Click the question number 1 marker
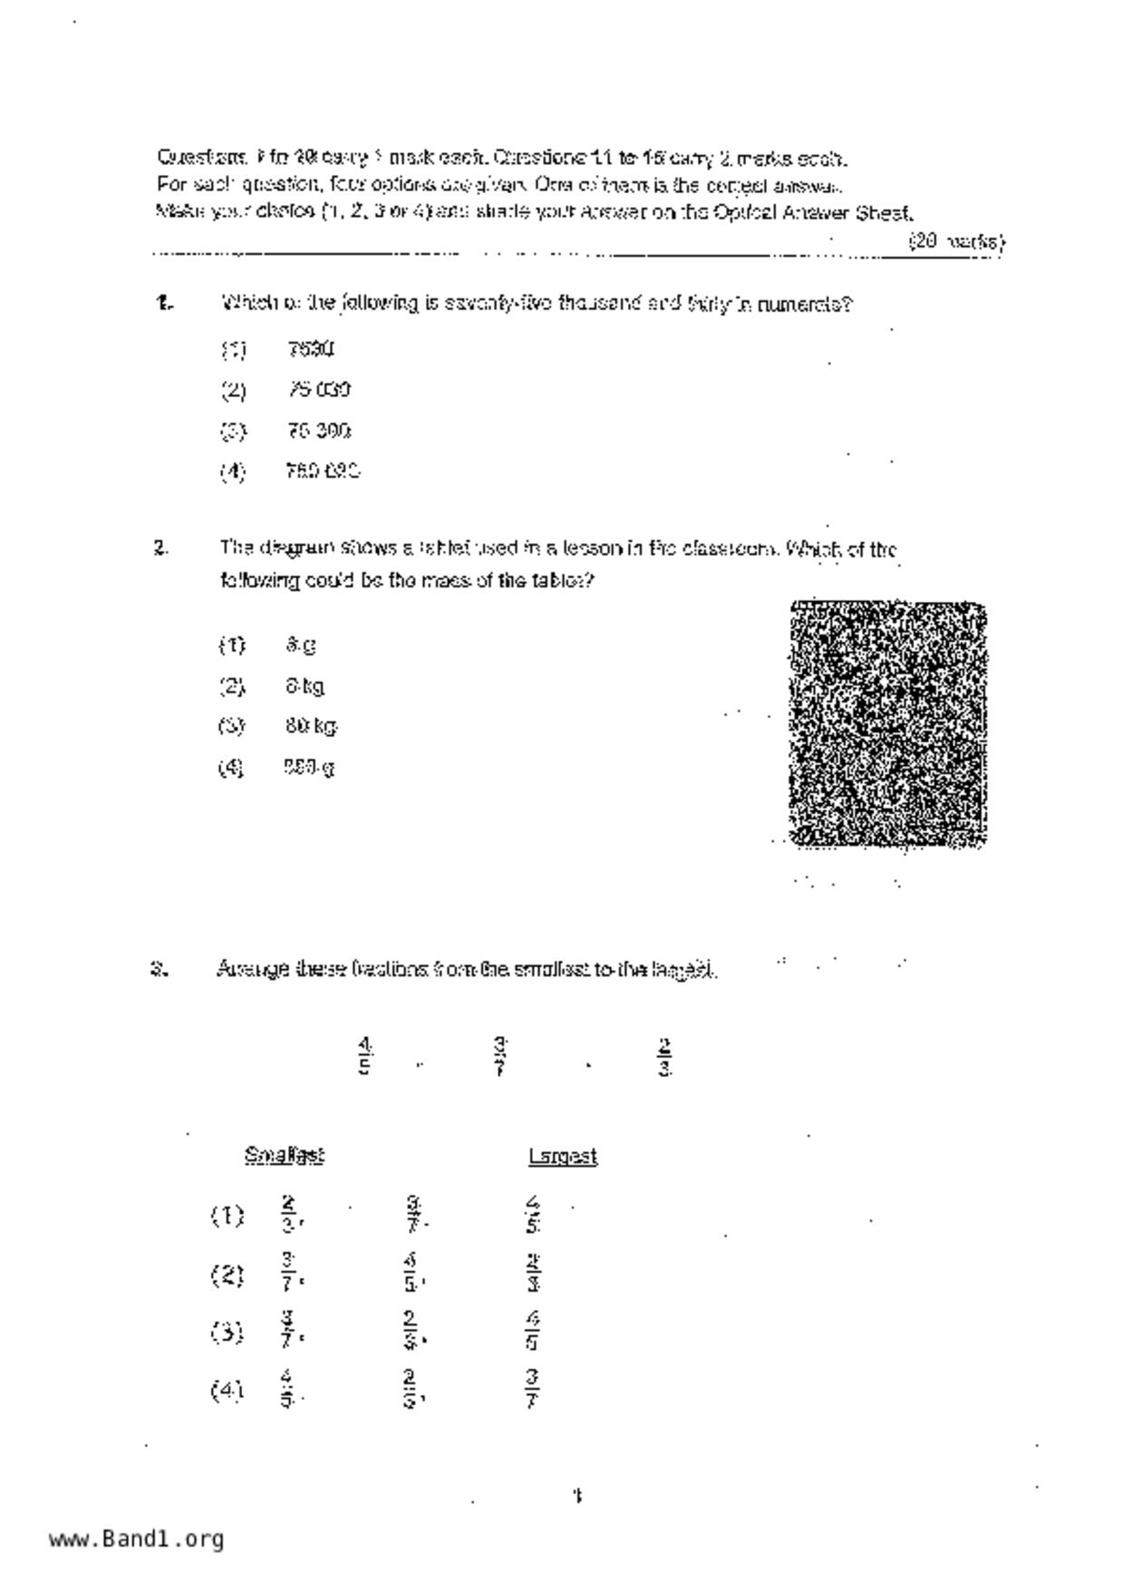(x=164, y=304)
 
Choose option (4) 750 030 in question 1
(x=322, y=471)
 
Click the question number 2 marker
(x=161, y=548)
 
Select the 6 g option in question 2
(x=300, y=645)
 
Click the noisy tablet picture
(x=888, y=724)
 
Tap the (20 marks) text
(x=956, y=242)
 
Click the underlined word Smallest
(x=285, y=1156)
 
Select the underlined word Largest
(x=563, y=1157)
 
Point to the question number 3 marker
(x=160, y=969)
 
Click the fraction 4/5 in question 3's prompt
(x=364, y=1056)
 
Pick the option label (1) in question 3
(x=228, y=1216)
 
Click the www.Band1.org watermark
(x=136, y=1538)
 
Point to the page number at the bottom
(x=576, y=1496)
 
